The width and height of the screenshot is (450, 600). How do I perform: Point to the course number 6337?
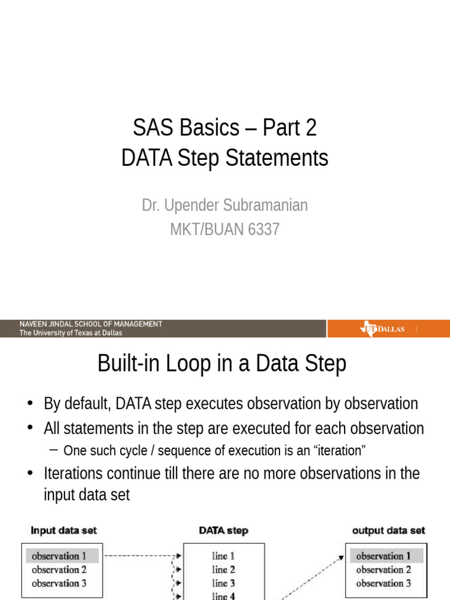[264, 229]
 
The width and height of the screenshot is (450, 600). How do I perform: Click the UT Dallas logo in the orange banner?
[383, 329]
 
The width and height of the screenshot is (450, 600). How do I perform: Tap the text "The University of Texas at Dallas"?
[71, 333]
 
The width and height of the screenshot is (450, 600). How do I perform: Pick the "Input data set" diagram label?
[64, 530]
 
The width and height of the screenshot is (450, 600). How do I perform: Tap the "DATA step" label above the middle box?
[223, 530]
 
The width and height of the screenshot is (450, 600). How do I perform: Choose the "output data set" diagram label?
[388, 530]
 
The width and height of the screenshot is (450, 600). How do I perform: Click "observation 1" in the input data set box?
[59, 555]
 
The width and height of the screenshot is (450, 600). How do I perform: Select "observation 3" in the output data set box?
[384, 583]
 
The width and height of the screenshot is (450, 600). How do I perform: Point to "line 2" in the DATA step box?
[224, 569]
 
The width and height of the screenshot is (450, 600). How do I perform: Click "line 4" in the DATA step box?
[224, 595]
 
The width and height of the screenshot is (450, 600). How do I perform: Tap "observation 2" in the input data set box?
[59, 569]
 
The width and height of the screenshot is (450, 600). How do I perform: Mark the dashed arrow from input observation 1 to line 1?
[141, 555]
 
